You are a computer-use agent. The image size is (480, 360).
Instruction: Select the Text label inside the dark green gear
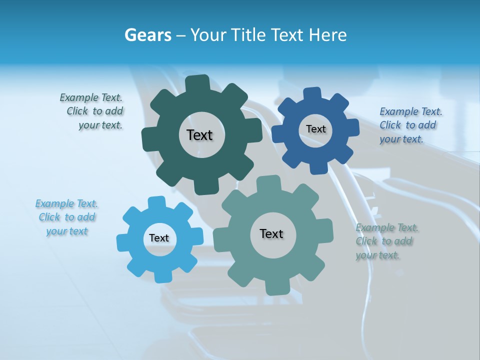click(199, 135)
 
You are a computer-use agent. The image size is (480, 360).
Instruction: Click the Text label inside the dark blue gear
click(315, 129)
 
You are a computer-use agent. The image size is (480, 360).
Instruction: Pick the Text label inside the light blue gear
click(159, 238)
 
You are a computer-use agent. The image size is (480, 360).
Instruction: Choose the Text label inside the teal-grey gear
click(271, 233)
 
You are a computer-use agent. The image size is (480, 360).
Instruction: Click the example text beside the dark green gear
click(92, 111)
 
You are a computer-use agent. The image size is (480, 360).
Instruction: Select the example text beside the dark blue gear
click(410, 125)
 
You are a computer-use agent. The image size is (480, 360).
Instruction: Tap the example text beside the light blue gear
click(67, 217)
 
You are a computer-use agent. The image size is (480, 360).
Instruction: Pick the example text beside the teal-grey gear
click(386, 241)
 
